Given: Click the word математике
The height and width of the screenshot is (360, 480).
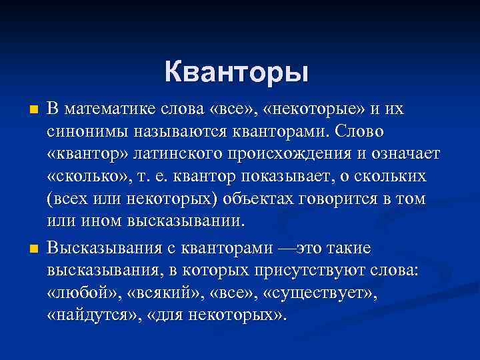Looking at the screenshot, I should click(x=113, y=108).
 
